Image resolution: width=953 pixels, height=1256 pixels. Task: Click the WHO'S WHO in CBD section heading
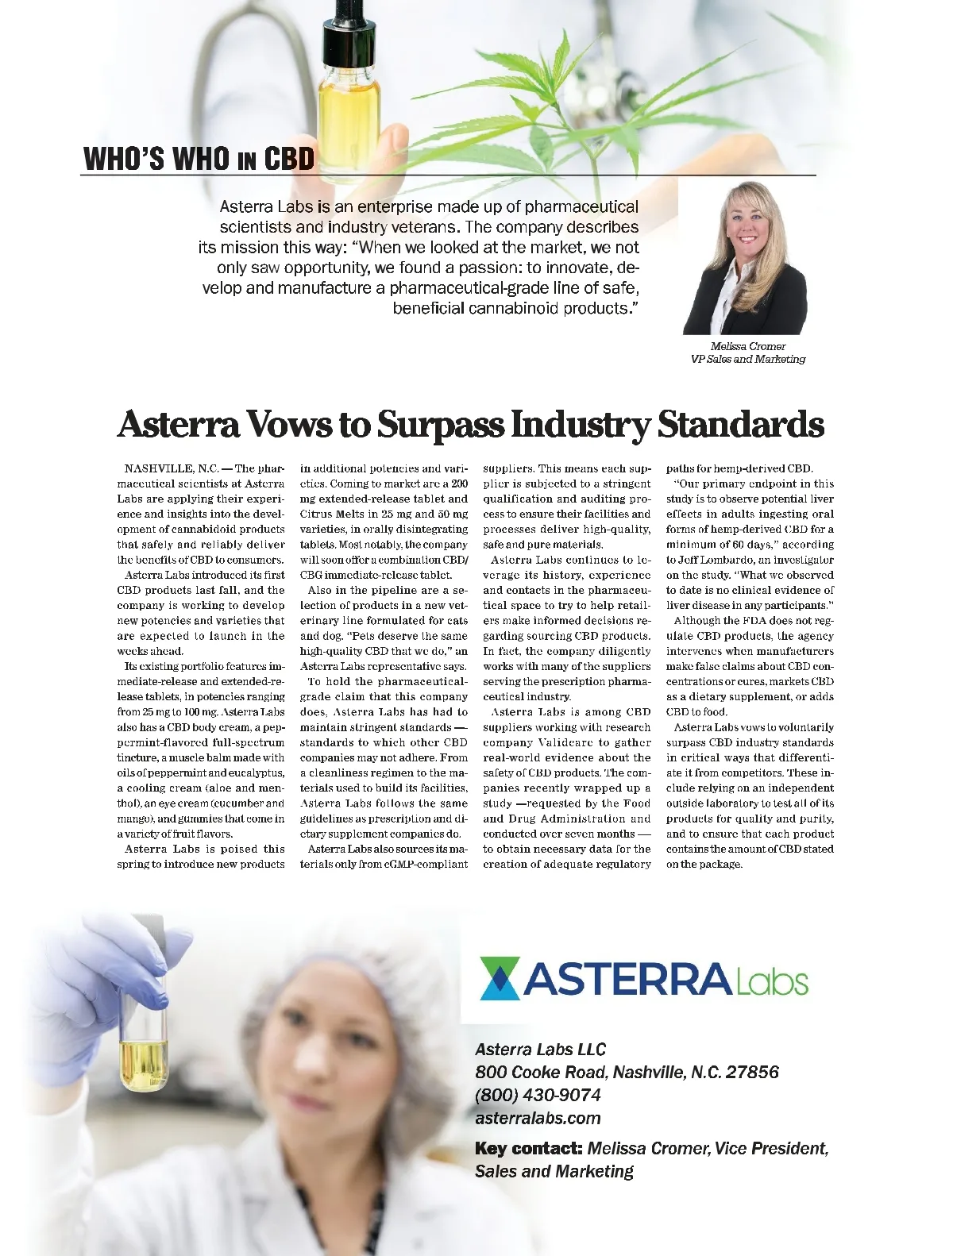pyautogui.click(x=199, y=159)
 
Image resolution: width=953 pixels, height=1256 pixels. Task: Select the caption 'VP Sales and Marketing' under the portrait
pyautogui.click(x=748, y=359)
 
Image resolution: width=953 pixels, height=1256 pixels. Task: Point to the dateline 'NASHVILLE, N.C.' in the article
pyautogui.click(x=172, y=468)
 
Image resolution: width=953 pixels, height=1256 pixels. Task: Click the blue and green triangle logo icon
pyautogui.click(x=500, y=978)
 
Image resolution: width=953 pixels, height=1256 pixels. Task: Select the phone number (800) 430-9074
pyautogui.click(x=538, y=1095)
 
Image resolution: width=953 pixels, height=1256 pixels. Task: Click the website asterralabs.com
pyautogui.click(x=538, y=1118)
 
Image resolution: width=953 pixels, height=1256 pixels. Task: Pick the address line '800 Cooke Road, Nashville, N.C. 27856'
pyautogui.click(x=627, y=1072)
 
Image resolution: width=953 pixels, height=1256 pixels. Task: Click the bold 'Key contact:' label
pyautogui.click(x=528, y=1148)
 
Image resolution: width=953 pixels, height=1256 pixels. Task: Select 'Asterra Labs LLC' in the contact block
pyautogui.click(x=540, y=1050)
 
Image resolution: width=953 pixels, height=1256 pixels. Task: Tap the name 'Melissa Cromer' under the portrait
pyautogui.click(x=748, y=346)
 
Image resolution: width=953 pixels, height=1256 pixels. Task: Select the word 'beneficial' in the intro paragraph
pyautogui.click(x=428, y=308)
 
